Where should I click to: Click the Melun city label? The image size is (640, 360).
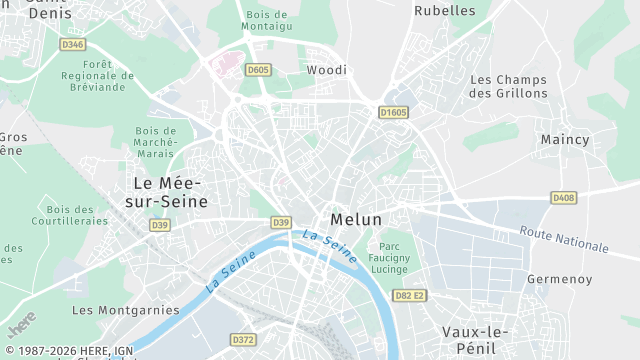356,220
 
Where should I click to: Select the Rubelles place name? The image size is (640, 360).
445,10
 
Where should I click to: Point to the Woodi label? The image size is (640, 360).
327,70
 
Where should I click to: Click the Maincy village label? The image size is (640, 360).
565,140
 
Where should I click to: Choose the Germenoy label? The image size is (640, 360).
559,279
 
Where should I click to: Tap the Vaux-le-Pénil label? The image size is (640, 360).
476,340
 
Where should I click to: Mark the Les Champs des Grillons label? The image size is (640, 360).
509,86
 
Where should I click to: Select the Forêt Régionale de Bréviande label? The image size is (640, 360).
97,75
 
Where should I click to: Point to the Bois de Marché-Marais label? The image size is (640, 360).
154,141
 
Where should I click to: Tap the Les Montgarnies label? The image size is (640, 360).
126,310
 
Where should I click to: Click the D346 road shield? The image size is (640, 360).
73,44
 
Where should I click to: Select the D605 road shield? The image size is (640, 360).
258,70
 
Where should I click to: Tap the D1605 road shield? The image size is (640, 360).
393,113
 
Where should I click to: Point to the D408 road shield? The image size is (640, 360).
564,198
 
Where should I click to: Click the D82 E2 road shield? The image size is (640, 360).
409,295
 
